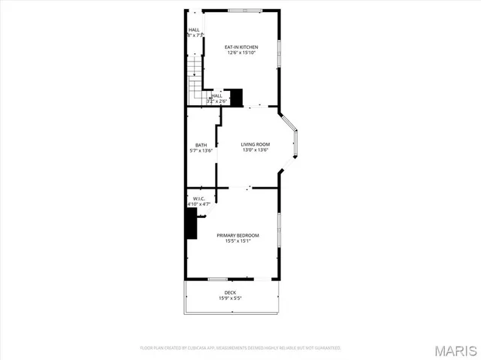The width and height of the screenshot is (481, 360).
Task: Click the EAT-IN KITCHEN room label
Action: (241, 47)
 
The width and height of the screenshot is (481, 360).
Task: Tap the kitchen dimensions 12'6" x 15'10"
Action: (241, 53)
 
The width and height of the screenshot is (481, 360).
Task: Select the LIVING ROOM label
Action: (256, 144)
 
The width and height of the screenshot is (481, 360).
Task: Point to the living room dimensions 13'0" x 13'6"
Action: (256, 150)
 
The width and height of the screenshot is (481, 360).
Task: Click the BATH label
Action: (201, 145)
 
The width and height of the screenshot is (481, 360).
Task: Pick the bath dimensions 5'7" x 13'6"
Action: (201, 150)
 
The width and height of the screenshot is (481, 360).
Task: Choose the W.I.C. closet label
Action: (198, 198)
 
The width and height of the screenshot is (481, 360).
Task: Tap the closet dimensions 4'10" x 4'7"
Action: (198, 204)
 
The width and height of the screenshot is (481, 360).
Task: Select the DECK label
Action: (230, 292)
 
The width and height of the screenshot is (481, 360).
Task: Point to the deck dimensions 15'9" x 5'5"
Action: (230, 298)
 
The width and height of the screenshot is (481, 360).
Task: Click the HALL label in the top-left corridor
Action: (194, 30)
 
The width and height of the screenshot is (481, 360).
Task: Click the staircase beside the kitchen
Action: (195, 79)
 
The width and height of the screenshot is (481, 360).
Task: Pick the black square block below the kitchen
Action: (236, 98)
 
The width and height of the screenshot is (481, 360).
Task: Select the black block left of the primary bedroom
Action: (191, 224)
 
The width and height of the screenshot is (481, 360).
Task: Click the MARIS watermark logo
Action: (457, 349)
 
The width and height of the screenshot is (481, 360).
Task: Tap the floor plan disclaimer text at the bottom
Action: (240, 348)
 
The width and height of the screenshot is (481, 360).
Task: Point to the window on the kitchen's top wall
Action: (245, 11)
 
